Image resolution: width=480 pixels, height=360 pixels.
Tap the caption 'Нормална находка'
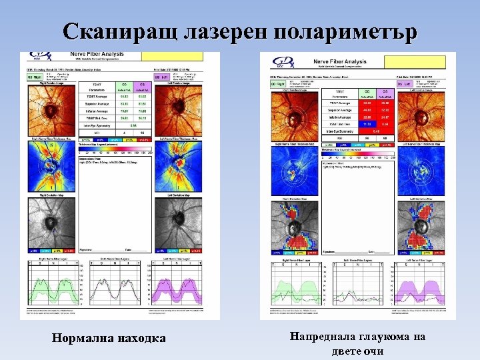click(x=109, y=339)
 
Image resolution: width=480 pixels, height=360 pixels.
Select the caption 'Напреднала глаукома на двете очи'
click(x=357, y=344)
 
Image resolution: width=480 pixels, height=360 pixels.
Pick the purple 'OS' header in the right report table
click(x=384, y=91)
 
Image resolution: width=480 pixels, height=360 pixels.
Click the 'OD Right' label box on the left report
click(x=33, y=77)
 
